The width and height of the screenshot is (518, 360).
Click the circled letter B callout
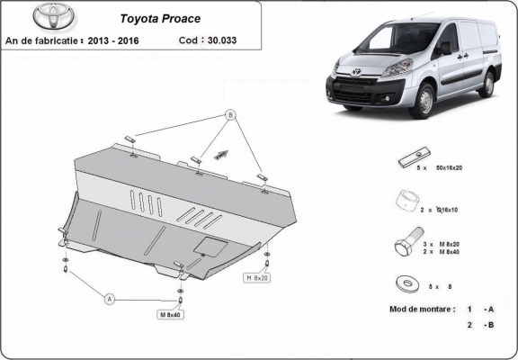tap(229, 116)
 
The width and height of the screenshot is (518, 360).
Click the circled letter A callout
tap(110, 297)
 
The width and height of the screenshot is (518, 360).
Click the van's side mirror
tap(445, 49)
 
